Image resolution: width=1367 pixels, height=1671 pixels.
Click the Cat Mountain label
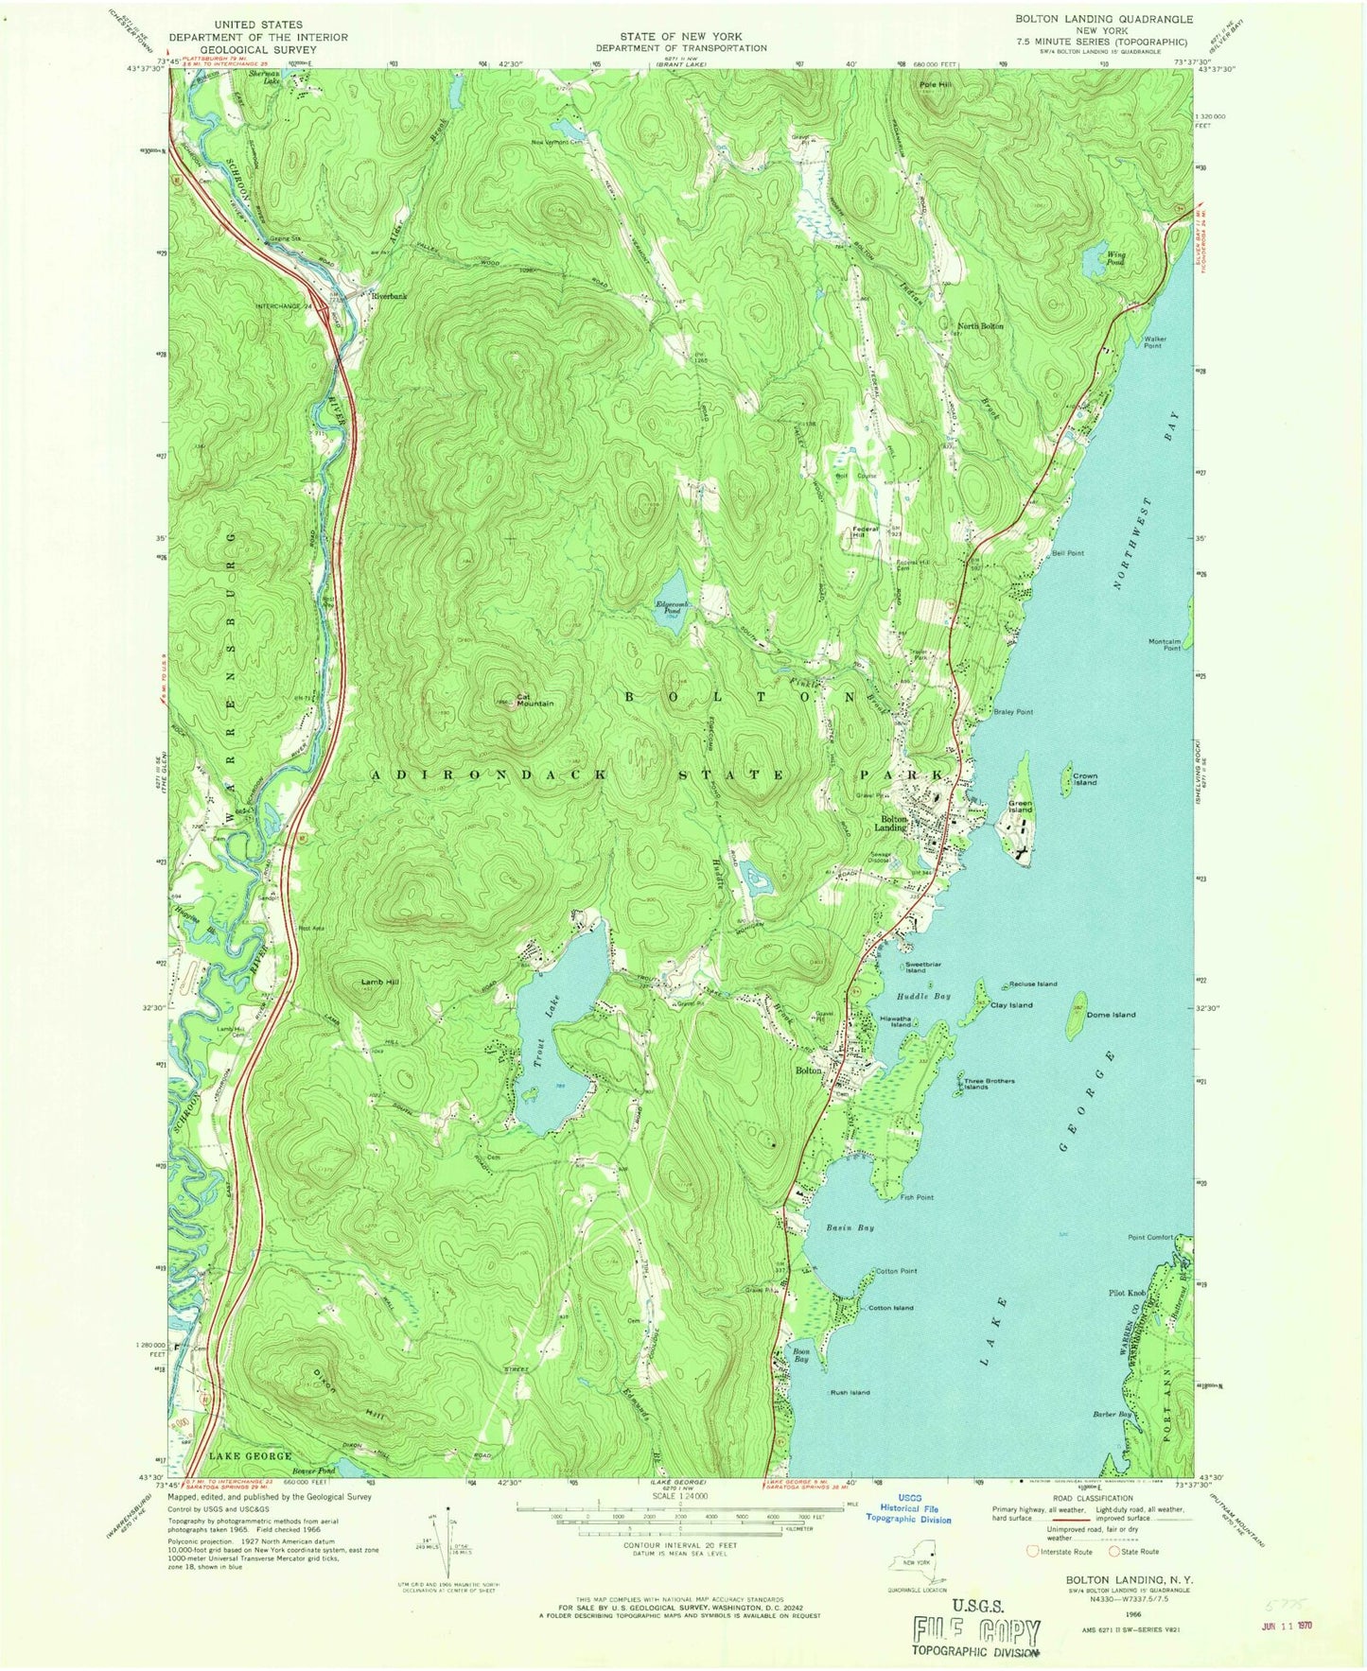(x=535, y=701)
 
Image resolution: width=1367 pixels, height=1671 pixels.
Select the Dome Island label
(x=1111, y=1015)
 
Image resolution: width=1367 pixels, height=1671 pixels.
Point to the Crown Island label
(x=1084, y=779)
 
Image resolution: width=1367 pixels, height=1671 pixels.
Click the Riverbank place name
(x=389, y=296)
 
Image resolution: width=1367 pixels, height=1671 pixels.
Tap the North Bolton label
(x=980, y=326)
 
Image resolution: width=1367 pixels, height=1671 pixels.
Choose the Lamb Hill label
(x=379, y=983)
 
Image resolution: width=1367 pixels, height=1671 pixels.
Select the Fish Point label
(x=917, y=1197)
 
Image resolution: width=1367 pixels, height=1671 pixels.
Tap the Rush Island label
(x=850, y=1392)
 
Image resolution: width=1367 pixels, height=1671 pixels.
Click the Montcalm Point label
(x=1165, y=644)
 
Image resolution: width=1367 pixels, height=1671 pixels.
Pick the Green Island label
(x=1020, y=807)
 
